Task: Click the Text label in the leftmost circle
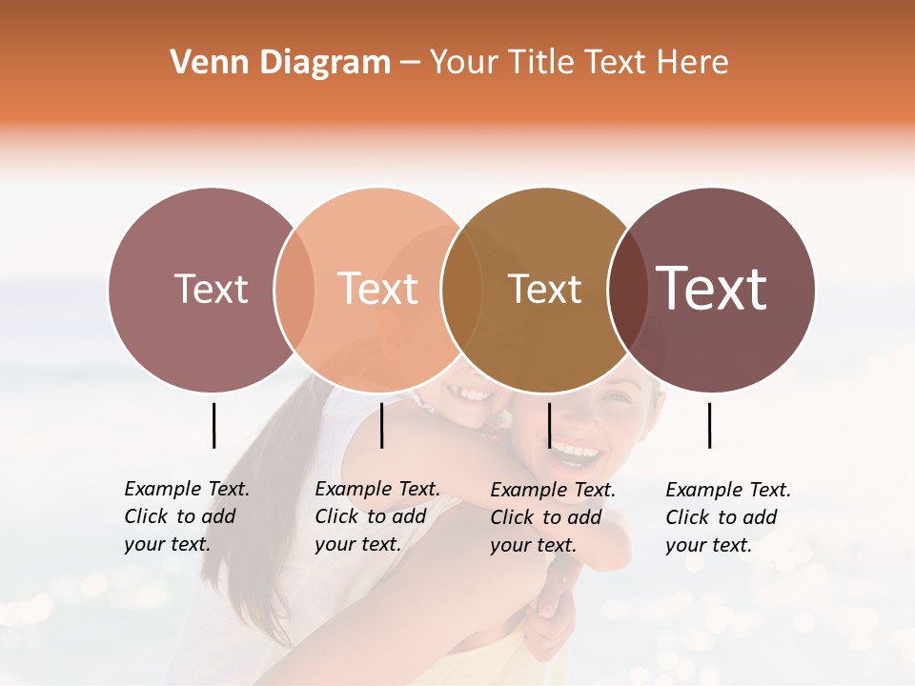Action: [x=211, y=289]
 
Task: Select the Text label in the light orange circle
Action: [x=378, y=289]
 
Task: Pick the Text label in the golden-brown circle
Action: [x=544, y=289]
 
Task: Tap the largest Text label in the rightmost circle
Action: [x=712, y=289]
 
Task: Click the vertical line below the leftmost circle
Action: [x=214, y=425]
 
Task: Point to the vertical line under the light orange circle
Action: [x=381, y=425]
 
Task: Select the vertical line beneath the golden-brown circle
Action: [x=549, y=425]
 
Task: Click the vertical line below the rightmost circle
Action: [x=710, y=425]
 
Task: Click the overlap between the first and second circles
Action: [x=295, y=290]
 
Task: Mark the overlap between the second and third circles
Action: [x=461, y=290]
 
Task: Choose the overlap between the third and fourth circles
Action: [x=627, y=290]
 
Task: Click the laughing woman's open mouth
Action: [x=578, y=451]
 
